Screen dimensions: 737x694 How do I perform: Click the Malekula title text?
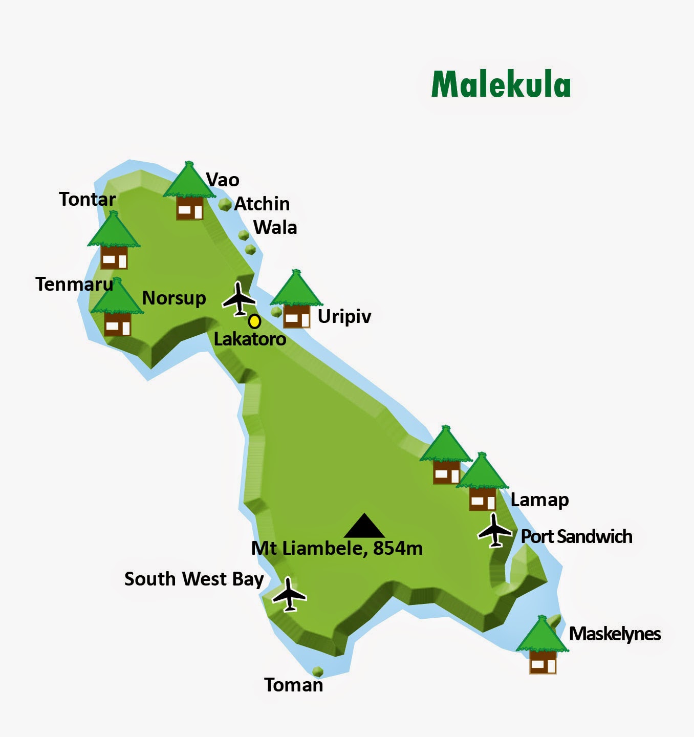[x=501, y=84]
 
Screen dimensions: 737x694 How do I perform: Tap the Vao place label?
[x=223, y=180]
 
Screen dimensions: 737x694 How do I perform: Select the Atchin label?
[x=262, y=204]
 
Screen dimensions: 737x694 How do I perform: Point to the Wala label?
[x=275, y=227]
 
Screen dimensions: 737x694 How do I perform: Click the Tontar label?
[x=88, y=199]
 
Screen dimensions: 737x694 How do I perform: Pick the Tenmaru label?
[x=74, y=284]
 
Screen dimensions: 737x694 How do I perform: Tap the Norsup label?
[x=174, y=298]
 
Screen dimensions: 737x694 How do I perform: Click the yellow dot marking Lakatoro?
[x=254, y=321]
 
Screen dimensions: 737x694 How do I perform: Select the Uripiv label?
[x=344, y=316]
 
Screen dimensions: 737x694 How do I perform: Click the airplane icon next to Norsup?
[x=238, y=298]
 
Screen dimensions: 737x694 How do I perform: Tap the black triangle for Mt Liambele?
[x=364, y=526]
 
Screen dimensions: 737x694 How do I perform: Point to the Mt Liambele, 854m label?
[x=337, y=548]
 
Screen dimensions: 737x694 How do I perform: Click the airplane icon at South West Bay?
[x=289, y=594]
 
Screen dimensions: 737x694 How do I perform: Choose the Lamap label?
[x=539, y=500]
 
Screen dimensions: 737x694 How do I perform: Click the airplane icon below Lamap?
[x=495, y=531]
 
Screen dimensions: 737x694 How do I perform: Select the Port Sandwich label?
[x=576, y=536]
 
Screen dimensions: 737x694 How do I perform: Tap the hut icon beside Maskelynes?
[x=543, y=646]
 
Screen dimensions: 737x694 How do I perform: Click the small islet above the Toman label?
[x=318, y=671]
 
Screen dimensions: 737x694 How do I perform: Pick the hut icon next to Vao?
[x=189, y=191]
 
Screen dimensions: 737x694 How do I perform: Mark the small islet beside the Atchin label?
[x=225, y=205]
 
